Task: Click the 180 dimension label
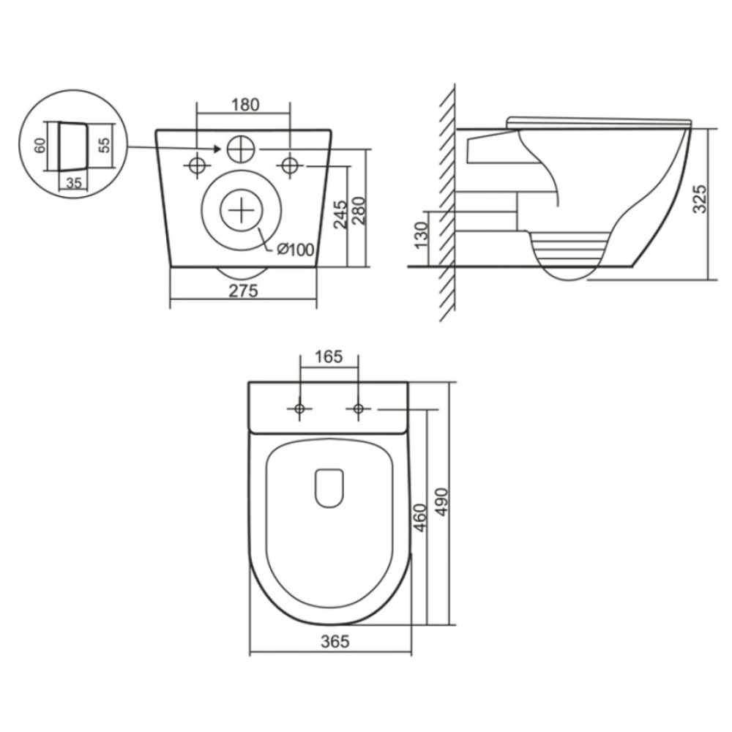[245, 105]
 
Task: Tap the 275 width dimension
[243, 291]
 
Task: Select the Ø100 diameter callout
[296, 250]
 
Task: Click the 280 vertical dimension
[359, 211]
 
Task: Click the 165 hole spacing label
[329, 356]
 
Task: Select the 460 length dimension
[420, 518]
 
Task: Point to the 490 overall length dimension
[441, 502]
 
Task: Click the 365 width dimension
[335, 641]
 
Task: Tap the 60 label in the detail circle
[40, 145]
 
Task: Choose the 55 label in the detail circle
[105, 145]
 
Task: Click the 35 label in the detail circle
[74, 183]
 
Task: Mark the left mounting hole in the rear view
[196, 165]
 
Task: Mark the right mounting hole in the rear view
[290, 165]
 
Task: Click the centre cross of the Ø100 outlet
[242, 211]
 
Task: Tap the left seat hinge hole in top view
[299, 409]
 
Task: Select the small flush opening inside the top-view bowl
[329, 488]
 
